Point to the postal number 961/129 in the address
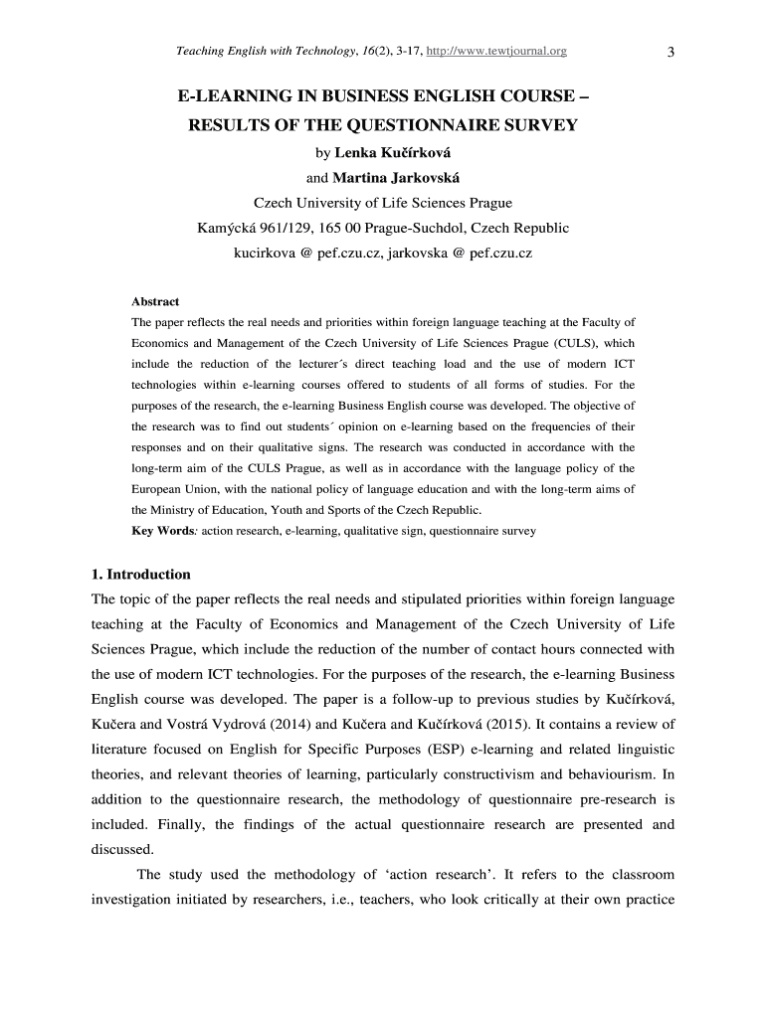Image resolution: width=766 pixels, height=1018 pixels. pos(282,229)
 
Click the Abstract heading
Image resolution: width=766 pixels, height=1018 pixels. pos(155,301)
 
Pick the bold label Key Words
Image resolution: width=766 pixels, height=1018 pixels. pos(163,531)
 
